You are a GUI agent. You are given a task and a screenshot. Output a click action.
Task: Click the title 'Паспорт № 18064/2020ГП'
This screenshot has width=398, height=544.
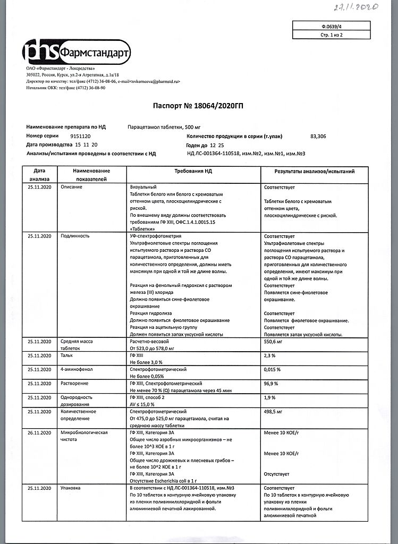tap(199, 106)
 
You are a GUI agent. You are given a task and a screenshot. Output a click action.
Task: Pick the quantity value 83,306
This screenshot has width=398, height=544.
tap(318, 137)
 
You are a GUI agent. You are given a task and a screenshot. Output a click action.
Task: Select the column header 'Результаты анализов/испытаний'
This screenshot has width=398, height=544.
tap(314, 172)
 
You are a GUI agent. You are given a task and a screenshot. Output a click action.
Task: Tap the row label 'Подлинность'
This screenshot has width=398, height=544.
tap(75, 235)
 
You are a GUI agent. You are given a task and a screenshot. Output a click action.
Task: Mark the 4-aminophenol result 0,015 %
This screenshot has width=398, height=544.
tap(273, 369)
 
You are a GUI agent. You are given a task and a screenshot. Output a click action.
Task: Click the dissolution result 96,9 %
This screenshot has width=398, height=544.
tap(270, 383)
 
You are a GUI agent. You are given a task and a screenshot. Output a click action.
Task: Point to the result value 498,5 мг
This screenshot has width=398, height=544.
tap(275, 411)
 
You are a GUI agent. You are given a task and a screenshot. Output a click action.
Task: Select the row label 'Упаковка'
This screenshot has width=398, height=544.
tap(71, 487)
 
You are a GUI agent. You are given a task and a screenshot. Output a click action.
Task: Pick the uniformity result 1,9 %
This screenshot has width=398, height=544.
tap(269, 397)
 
